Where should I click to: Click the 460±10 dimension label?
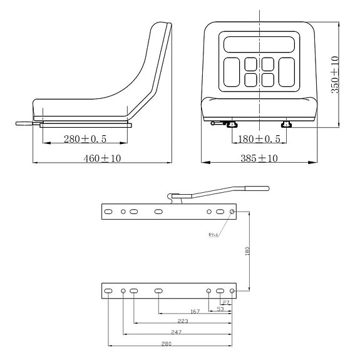[102, 159]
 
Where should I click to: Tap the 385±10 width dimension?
[259, 158]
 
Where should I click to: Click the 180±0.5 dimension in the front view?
[259, 138]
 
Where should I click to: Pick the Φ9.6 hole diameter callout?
[213, 235]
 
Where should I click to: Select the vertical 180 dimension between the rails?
[247, 250]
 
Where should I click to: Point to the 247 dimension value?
[176, 332]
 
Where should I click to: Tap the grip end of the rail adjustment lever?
[257, 187]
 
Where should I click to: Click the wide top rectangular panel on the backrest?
[258, 46]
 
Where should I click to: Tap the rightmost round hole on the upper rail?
[232, 212]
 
